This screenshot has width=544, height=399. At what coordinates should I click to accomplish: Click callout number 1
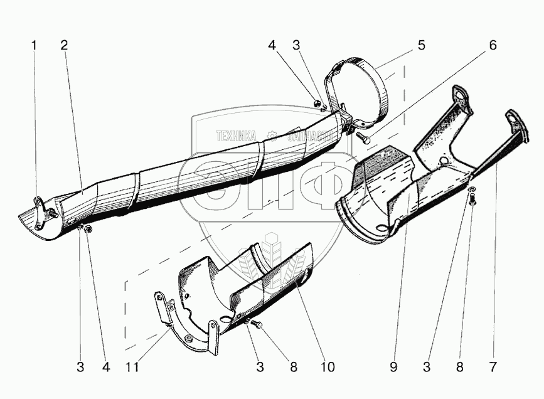point(35,45)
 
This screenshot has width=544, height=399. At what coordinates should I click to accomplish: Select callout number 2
point(64,45)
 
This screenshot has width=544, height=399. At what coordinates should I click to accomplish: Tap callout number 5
point(422,45)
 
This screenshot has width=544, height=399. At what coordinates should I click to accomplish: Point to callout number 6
point(493,45)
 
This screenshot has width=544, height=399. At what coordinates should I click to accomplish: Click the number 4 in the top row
point(272,45)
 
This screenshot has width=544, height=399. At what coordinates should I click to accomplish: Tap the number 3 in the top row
point(296,45)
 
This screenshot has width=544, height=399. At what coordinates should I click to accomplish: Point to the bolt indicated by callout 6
point(363,134)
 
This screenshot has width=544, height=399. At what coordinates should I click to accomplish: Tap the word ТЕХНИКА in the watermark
point(236,135)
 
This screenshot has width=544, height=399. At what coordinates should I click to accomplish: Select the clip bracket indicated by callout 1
point(40,207)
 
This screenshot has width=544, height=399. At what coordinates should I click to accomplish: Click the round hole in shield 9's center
point(444,161)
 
